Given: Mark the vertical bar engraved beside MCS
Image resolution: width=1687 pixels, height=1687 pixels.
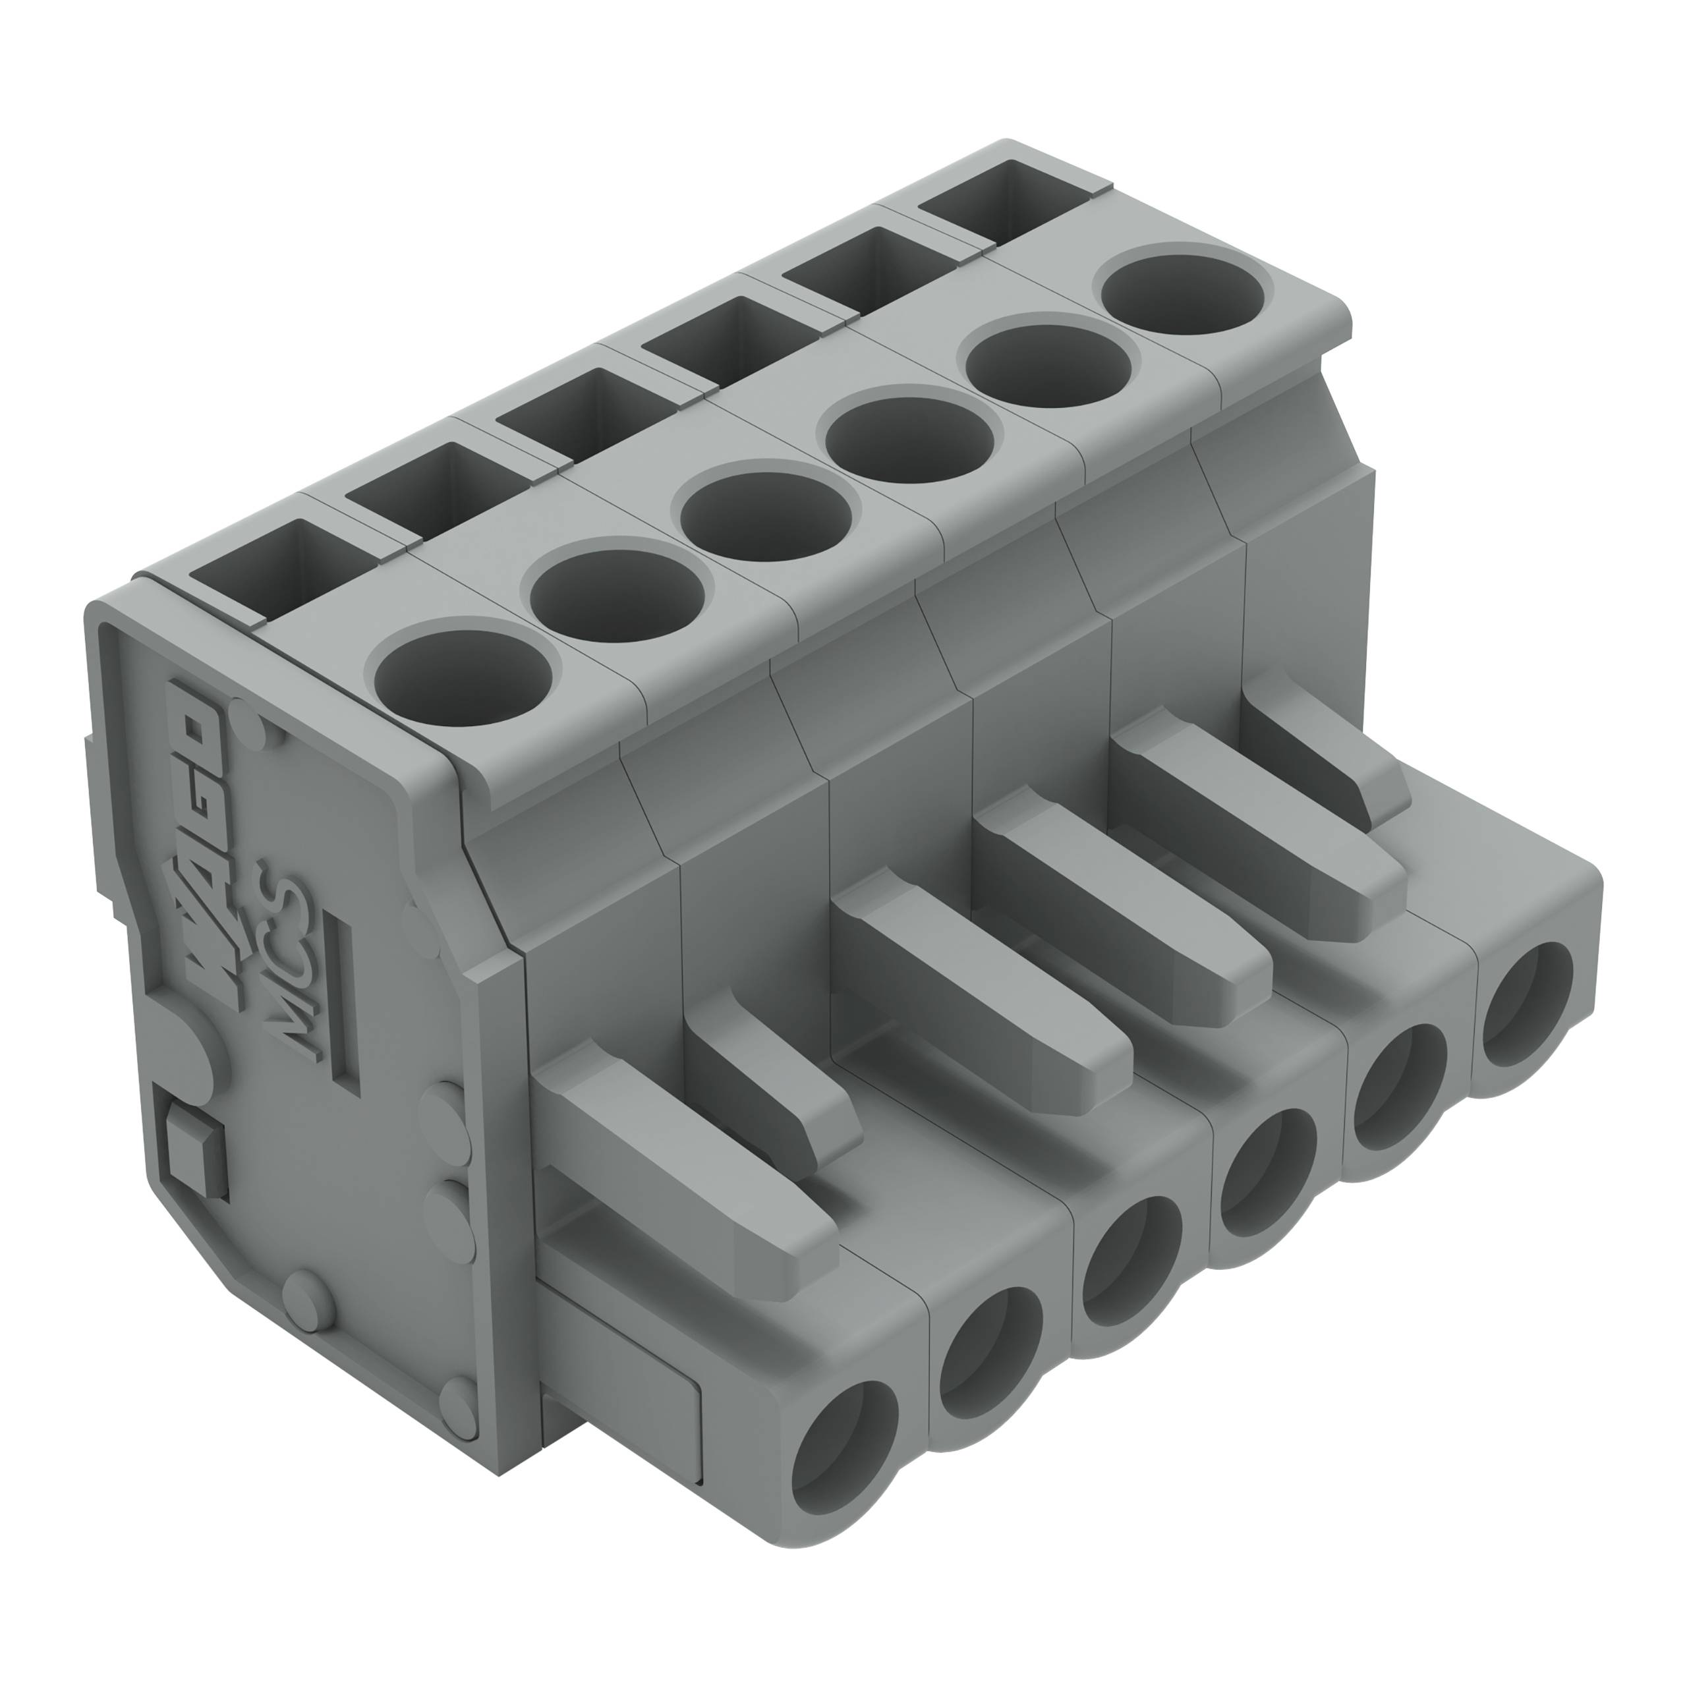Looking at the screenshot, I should (x=346, y=1004).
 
